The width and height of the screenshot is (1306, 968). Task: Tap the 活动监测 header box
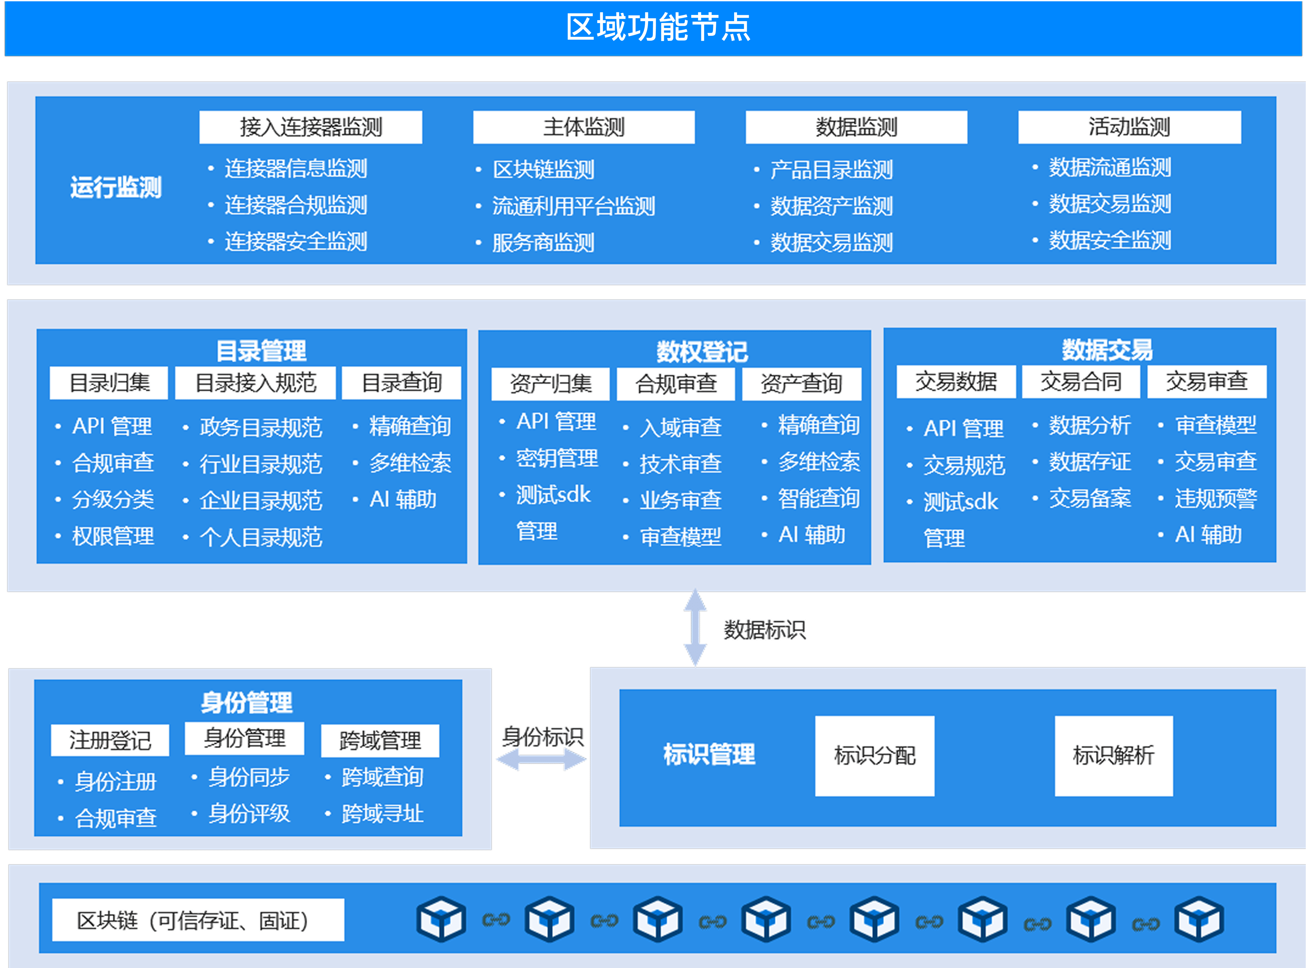1129,127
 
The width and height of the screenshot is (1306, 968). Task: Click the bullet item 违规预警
1215,499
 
